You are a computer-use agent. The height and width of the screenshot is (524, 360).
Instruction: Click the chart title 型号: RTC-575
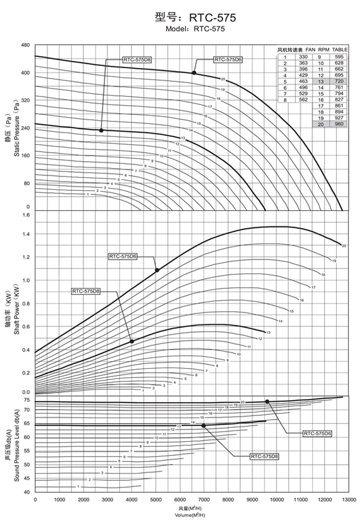click(x=195, y=17)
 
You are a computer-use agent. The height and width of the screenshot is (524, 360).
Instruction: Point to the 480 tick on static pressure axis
click(x=25, y=45)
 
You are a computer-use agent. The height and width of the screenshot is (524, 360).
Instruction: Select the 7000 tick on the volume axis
click(x=203, y=500)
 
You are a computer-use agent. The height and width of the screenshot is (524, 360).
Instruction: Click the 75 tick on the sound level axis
click(x=26, y=400)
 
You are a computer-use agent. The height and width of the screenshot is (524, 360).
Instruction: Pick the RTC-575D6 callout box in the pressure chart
click(x=228, y=60)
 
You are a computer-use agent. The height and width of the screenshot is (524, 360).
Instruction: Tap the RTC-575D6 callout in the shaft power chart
click(x=123, y=257)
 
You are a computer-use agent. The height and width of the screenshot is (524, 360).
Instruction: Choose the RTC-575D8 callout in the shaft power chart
click(x=86, y=291)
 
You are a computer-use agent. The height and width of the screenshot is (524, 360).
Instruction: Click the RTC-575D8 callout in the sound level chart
click(x=264, y=456)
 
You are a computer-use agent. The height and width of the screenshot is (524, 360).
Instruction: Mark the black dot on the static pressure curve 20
click(x=194, y=73)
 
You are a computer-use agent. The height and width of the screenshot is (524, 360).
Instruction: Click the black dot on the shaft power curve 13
click(x=131, y=341)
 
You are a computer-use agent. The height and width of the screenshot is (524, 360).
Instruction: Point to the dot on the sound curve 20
click(x=267, y=401)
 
